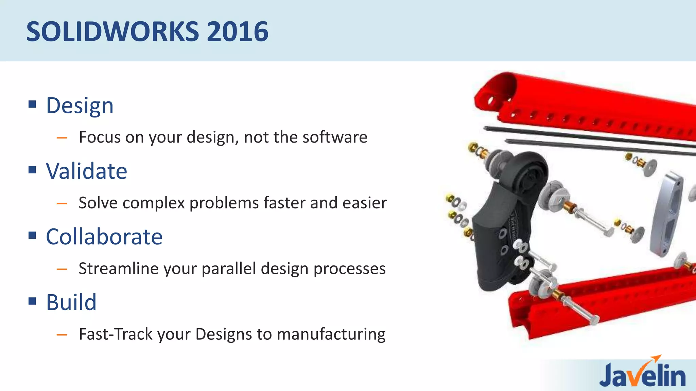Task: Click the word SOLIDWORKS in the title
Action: (112, 32)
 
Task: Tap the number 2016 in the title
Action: (237, 32)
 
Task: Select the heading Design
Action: (80, 106)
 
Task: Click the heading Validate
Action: (86, 171)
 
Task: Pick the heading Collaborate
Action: (104, 237)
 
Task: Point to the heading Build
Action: (71, 302)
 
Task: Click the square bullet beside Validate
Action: (32, 169)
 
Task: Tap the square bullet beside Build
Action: (32, 301)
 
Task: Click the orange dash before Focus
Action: (62, 138)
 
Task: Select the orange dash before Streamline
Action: (62, 269)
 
